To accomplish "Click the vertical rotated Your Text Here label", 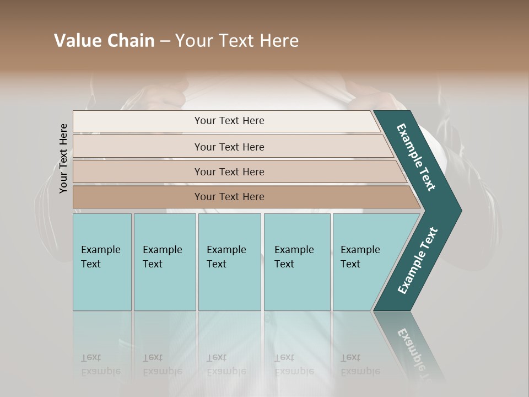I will click(63, 158).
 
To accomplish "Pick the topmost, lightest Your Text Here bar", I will click(229, 121).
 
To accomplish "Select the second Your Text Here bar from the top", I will click(229, 147).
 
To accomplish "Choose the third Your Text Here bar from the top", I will click(229, 171).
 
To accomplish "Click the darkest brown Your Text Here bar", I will click(229, 197).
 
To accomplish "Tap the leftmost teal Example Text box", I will click(102, 261).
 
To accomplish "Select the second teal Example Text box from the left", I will click(165, 261).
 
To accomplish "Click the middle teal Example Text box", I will click(229, 261).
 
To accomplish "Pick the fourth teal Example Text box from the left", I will click(297, 261).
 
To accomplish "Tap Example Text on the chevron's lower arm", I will click(418, 260).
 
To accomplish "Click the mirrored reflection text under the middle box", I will click(225, 364).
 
